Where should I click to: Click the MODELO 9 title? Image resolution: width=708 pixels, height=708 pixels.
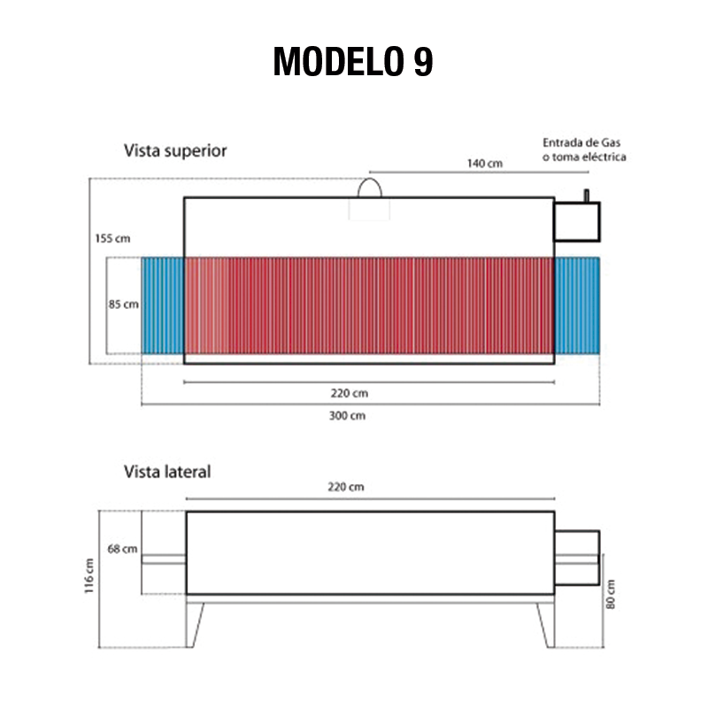click(353, 61)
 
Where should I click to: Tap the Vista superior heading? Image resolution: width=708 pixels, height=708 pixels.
click(175, 150)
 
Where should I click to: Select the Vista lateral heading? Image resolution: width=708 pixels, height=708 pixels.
click(167, 472)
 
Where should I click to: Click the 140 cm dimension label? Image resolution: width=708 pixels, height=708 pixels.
click(484, 163)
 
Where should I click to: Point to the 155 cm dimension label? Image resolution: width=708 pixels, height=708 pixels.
click(112, 238)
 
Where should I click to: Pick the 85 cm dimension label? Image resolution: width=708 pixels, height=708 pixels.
click(123, 304)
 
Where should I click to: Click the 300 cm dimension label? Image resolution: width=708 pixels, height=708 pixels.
click(347, 415)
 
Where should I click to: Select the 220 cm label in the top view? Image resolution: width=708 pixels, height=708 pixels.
click(349, 393)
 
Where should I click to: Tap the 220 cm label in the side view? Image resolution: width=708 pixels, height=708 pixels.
click(345, 487)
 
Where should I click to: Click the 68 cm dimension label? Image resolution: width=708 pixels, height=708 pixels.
click(122, 549)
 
